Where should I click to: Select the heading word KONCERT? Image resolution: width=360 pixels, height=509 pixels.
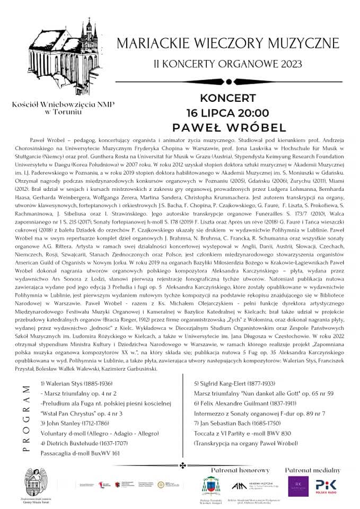228,99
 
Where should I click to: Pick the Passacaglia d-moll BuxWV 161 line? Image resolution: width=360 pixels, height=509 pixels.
80,454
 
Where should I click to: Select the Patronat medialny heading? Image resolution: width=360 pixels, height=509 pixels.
313,470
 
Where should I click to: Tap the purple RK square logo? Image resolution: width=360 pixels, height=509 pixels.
298,487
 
